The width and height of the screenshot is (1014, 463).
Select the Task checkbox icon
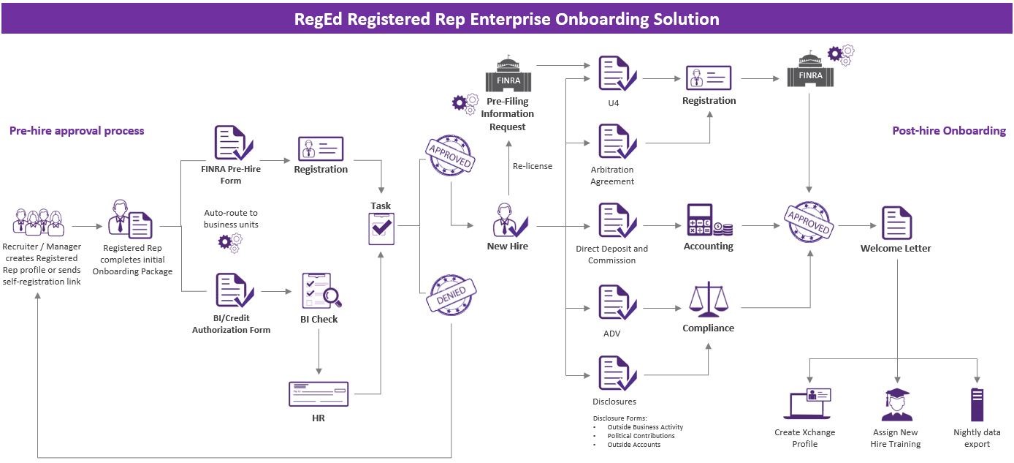pyautogui.click(x=381, y=228)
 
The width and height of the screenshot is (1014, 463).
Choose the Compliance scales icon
pyautogui.click(x=708, y=301)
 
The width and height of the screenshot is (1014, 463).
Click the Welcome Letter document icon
pyautogui.click(x=896, y=223)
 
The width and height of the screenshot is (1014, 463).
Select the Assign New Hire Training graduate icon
pyautogui.click(x=896, y=404)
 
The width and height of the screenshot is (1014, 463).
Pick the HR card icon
pyautogui.click(x=319, y=394)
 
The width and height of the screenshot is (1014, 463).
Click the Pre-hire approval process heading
pyautogui.click(x=77, y=131)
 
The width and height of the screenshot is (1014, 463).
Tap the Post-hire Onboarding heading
pyautogui.click(x=948, y=131)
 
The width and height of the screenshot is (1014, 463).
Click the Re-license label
pyautogui.click(x=533, y=166)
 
